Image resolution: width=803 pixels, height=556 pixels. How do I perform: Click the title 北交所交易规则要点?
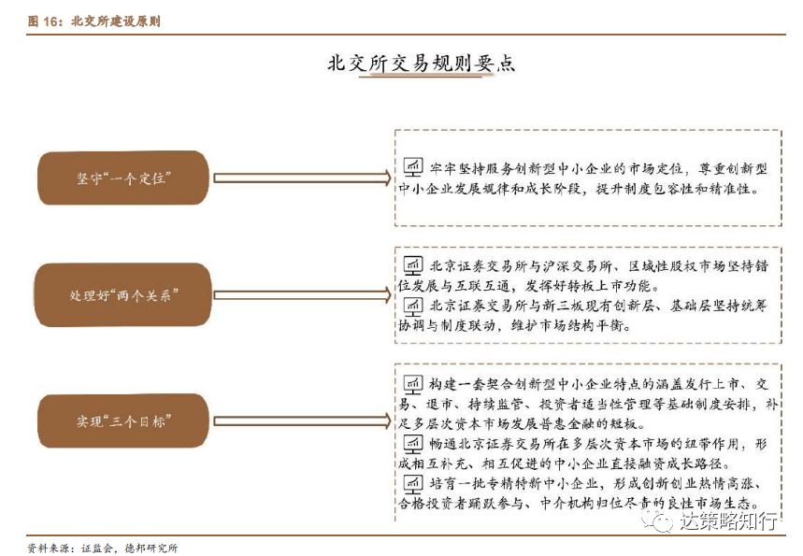[420, 64]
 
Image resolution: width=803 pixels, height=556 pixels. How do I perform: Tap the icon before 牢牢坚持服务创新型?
[413, 167]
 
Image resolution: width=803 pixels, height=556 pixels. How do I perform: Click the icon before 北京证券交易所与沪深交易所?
[413, 264]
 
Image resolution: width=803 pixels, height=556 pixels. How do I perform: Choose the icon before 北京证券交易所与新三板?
[413, 306]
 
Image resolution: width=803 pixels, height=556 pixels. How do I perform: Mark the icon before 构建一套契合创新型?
[413, 383]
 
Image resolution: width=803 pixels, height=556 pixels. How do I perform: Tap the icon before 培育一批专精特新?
[413, 483]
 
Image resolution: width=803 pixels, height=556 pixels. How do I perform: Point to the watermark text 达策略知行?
[728, 520]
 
